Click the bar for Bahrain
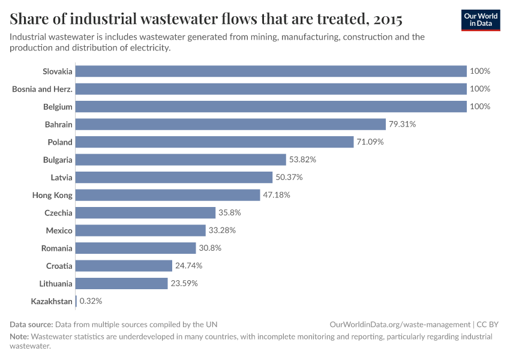(230, 124)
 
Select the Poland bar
(215, 142)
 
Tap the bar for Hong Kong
(168, 195)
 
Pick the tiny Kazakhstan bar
(76, 301)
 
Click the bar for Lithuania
(122, 283)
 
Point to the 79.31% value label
(402, 124)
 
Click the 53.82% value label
(302, 160)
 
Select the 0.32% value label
(92, 301)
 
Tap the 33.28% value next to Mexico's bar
(222, 230)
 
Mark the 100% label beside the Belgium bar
(480, 106)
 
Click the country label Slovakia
(58, 71)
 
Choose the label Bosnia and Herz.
(43, 89)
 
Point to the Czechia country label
(58, 213)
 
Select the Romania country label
(56, 248)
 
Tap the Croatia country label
(59, 266)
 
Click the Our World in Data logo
(480, 20)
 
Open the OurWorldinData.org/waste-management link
(400, 324)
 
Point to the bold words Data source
(31, 324)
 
